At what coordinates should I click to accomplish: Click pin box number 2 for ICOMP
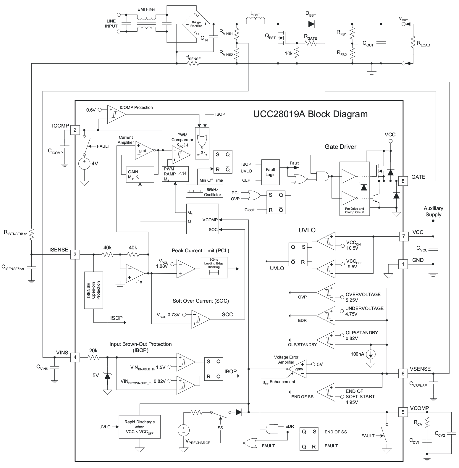click(75, 130)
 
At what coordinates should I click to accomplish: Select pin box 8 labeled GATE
click(403, 181)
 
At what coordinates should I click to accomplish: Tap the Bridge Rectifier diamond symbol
click(196, 24)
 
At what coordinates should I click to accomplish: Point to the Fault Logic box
click(270, 172)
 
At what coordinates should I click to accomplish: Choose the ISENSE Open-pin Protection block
click(93, 290)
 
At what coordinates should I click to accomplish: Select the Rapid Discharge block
click(139, 427)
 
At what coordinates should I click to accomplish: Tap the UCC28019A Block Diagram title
click(310, 114)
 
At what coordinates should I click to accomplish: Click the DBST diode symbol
click(311, 24)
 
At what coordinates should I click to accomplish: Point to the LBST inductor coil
click(256, 20)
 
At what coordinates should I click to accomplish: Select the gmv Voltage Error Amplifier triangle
click(298, 369)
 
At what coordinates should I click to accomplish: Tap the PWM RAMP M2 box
click(175, 174)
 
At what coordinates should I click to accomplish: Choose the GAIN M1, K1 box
click(140, 175)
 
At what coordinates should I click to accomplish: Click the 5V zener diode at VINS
click(107, 376)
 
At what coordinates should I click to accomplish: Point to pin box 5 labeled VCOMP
click(403, 412)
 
